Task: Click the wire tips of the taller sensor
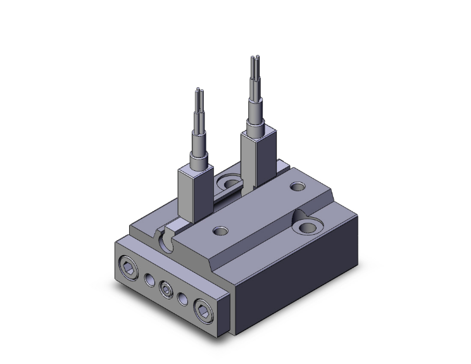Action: (x=254, y=64)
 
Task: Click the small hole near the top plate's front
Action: (x=221, y=230)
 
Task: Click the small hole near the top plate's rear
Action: (x=298, y=187)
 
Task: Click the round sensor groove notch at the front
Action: (x=167, y=240)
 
